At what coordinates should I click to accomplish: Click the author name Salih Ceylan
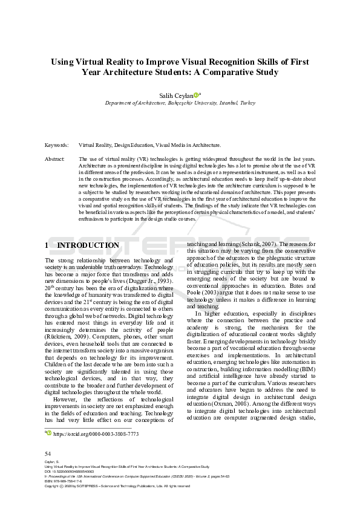175,95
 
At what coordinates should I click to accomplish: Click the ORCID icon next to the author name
196,94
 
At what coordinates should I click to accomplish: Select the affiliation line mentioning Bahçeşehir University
180,103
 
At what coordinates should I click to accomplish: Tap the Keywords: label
56,146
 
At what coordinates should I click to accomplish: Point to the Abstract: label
55,158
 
